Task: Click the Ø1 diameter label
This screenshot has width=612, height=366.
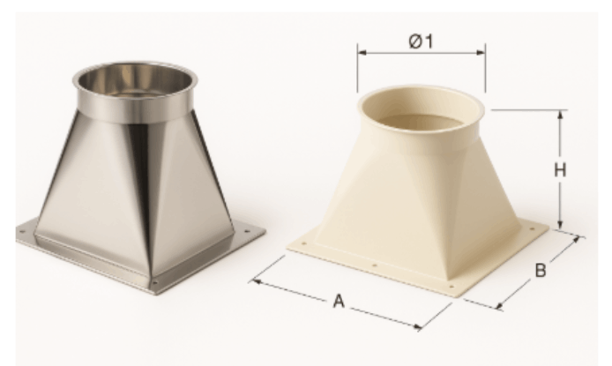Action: pyautogui.click(x=421, y=41)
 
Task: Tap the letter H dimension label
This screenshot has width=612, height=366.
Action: pyautogui.click(x=558, y=169)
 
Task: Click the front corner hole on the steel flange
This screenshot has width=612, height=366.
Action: pyautogui.click(x=155, y=282)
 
